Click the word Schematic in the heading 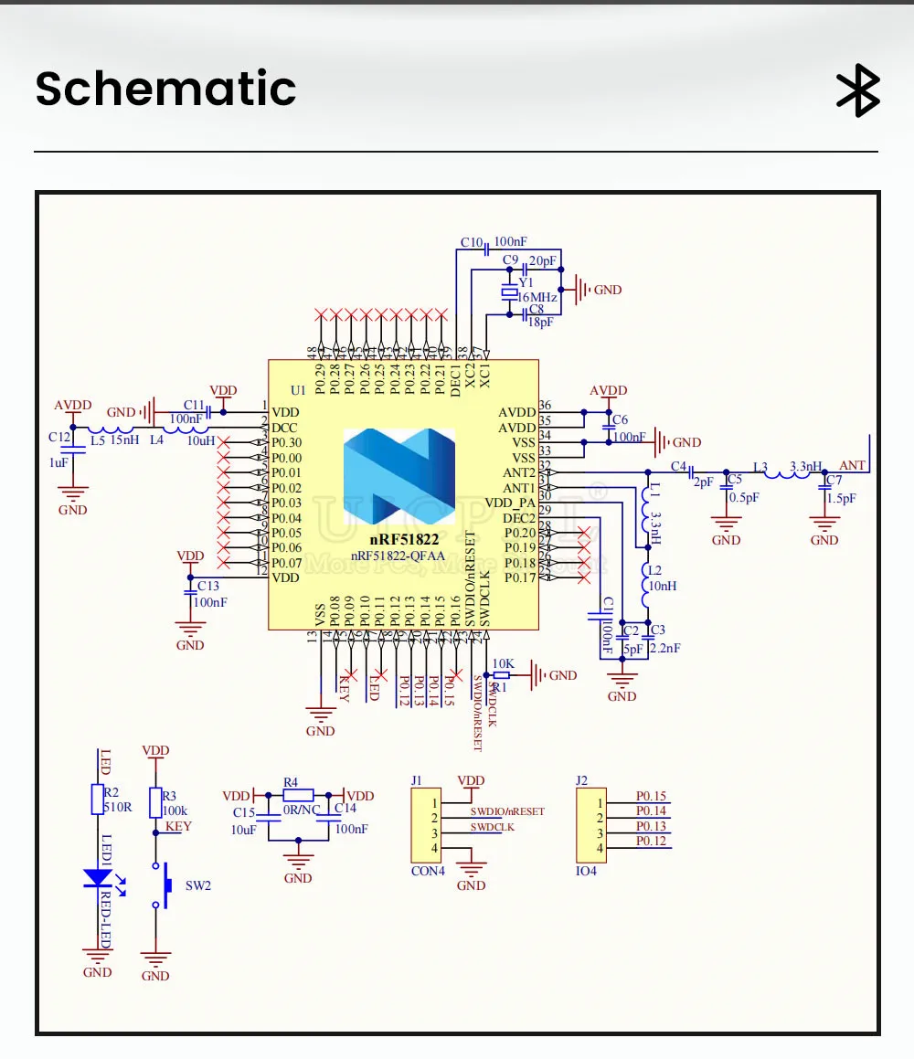coord(165,89)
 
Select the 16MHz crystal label coord(537,298)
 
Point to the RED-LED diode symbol coord(97,878)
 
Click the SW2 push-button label coord(199,885)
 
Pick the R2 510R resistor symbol coord(98,800)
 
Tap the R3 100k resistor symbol coord(155,801)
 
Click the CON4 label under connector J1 coord(428,871)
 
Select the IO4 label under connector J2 coord(587,871)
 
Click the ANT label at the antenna coord(852,466)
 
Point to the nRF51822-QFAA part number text coord(399,556)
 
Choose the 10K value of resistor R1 coord(504,663)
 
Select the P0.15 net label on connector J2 coord(651,796)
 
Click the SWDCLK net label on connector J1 coord(493,827)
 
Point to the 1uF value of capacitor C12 coord(58,463)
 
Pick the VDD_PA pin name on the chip coord(510,502)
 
